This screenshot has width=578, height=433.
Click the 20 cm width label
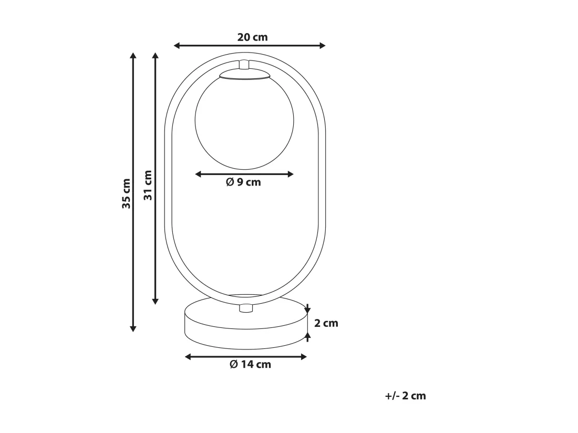click(253, 37)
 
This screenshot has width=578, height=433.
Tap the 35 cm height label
click(126, 193)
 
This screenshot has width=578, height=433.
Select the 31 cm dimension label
click(148, 185)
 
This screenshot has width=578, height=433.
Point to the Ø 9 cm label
click(243, 182)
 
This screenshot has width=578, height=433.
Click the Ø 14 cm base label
click(250, 365)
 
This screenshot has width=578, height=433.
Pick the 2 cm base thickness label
click(326, 323)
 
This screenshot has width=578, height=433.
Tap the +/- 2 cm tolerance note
click(406, 396)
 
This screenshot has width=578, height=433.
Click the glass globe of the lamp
click(244, 122)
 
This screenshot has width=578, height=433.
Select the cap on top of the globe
click(245, 74)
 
